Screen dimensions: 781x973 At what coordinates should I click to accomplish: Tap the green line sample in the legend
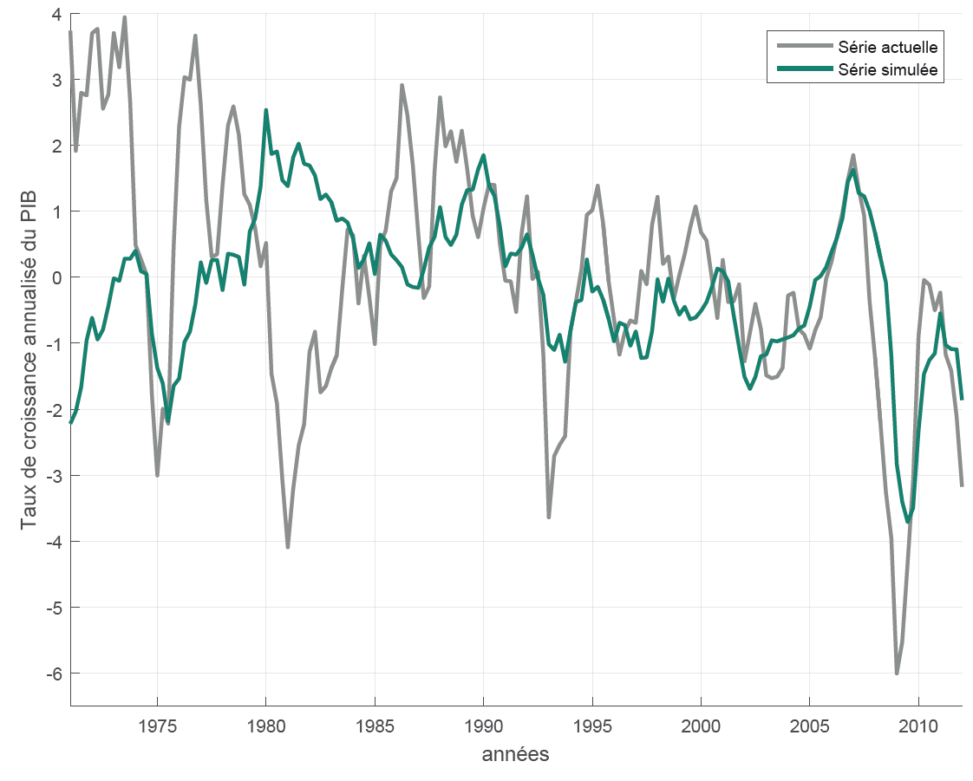[803, 69]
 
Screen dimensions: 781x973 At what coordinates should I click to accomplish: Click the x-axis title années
[515, 754]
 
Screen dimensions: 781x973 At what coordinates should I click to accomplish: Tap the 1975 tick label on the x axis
[157, 725]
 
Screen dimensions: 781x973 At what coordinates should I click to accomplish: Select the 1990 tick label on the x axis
[483, 725]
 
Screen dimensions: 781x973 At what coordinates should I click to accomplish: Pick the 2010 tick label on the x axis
[918, 725]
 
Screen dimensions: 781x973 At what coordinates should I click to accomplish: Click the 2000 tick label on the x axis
[701, 725]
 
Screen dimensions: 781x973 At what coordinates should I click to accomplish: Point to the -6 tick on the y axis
[55, 673]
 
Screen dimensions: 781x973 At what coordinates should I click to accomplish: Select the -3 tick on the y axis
[55, 475]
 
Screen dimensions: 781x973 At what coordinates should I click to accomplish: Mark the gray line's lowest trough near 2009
[897, 673]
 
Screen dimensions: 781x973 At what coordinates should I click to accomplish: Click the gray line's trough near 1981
[288, 547]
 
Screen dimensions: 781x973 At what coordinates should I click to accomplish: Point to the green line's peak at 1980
[266, 110]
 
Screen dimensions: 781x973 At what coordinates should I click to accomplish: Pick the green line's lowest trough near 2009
[908, 522]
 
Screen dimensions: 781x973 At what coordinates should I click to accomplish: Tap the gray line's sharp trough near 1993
[549, 517]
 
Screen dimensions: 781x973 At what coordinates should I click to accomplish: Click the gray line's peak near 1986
[402, 85]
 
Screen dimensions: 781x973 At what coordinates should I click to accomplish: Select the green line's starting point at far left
[70, 422]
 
